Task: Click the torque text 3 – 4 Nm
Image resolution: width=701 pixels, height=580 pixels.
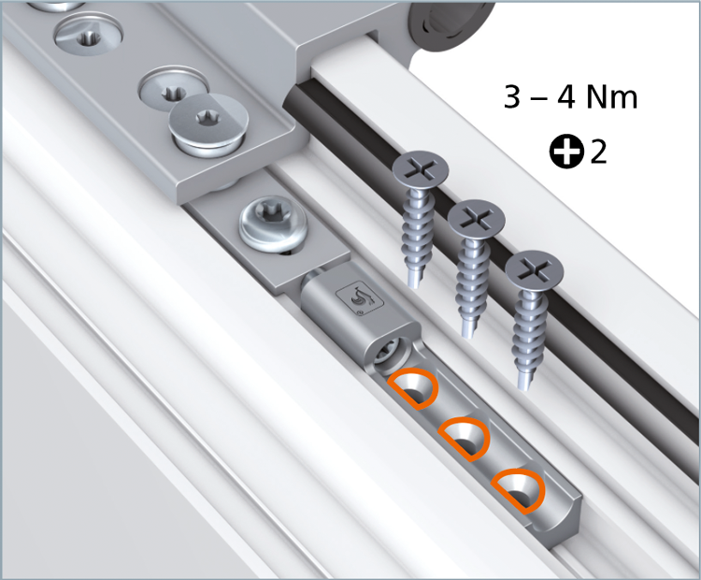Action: [570, 96]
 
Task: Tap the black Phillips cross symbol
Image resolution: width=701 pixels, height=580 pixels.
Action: [566, 152]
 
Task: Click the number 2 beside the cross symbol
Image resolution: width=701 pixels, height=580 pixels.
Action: [598, 152]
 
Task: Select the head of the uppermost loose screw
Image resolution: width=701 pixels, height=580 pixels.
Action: [420, 169]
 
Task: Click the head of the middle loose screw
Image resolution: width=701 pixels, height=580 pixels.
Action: [476, 219]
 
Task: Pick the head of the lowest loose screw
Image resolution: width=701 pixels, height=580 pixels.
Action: [535, 270]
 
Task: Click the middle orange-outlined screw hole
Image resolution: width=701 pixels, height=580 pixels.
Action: [465, 439]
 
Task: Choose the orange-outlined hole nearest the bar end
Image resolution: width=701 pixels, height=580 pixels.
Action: [519, 491]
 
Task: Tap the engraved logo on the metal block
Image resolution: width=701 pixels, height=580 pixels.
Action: [360, 298]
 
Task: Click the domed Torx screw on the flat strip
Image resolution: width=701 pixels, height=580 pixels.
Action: [274, 224]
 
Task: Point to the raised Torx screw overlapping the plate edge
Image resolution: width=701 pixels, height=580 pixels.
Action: [208, 124]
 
